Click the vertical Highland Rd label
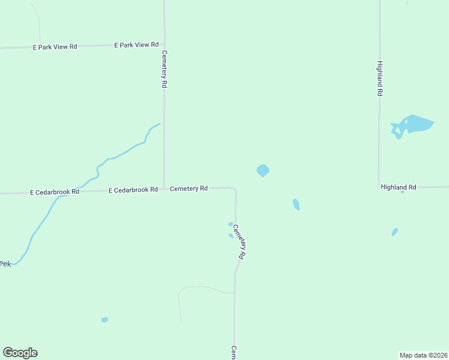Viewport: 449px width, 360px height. click(x=379, y=79)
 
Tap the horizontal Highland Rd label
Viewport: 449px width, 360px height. click(x=398, y=187)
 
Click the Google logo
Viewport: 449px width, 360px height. click(x=20, y=353)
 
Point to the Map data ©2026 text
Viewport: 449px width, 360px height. click(x=423, y=355)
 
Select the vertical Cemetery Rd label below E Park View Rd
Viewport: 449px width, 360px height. click(x=164, y=69)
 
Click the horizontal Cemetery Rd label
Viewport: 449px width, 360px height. click(x=188, y=188)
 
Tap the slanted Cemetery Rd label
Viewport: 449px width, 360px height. click(x=239, y=241)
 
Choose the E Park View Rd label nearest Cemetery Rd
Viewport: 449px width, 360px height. click(x=136, y=45)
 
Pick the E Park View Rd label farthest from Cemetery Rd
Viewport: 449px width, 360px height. click(x=55, y=46)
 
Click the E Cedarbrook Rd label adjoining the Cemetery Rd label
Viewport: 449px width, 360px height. click(x=133, y=190)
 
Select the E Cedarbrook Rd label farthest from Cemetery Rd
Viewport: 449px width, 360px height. click(x=55, y=192)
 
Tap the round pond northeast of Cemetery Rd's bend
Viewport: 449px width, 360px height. click(x=263, y=170)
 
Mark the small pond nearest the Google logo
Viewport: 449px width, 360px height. click(x=104, y=320)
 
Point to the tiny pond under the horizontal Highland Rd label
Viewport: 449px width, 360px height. click(x=402, y=193)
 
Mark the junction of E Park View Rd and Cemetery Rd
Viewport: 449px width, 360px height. click(x=164, y=44)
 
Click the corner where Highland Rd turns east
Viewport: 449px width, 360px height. click(x=379, y=185)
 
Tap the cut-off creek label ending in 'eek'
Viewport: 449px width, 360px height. click(x=5, y=264)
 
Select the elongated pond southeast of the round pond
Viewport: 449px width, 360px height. click(x=296, y=205)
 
